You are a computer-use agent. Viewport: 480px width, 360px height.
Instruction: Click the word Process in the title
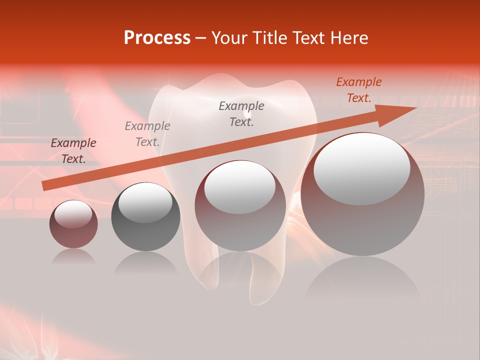(x=157, y=38)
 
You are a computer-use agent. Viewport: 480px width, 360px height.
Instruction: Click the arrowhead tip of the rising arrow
(x=415, y=108)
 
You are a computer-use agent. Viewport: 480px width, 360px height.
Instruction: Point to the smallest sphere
(x=73, y=224)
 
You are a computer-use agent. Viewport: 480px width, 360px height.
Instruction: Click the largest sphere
(x=362, y=195)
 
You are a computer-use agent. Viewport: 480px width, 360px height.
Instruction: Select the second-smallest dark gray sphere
(x=145, y=216)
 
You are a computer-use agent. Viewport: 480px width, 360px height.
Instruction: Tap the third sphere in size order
(x=240, y=205)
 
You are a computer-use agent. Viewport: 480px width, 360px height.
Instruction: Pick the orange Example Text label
(x=359, y=90)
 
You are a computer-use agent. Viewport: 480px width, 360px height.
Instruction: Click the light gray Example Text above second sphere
(x=147, y=134)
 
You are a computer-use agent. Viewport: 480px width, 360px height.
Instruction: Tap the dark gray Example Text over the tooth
(x=241, y=114)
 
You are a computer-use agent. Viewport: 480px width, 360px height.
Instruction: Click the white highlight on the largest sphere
(x=361, y=168)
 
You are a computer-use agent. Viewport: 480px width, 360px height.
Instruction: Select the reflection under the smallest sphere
(x=73, y=256)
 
